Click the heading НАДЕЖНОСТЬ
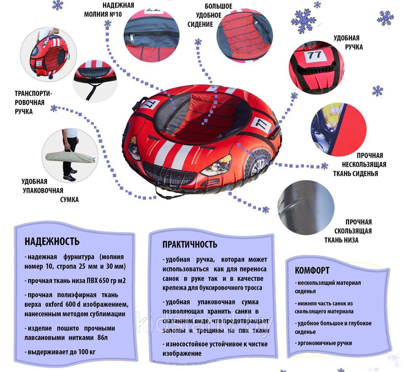(x=52, y=241)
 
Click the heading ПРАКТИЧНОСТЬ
(x=190, y=245)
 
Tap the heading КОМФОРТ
(x=312, y=270)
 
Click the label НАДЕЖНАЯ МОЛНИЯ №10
(x=109, y=10)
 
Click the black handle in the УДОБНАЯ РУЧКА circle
(x=316, y=70)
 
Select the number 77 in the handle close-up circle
(x=314, y=55)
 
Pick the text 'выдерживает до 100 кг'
(x=60, y=352)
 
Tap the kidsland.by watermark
(x=205, y=323)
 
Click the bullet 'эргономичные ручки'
(x=323, y=343)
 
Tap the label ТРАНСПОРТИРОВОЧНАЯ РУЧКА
(x=33, y=103)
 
